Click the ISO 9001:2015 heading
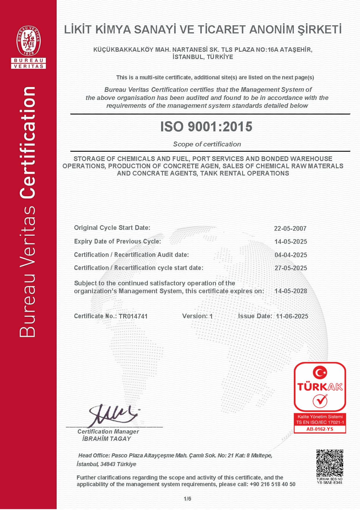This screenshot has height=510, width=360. click(x=206, y=127)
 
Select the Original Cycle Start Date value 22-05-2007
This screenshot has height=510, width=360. click(x=290, y=228)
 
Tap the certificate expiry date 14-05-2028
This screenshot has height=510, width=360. click(x=291, y=291)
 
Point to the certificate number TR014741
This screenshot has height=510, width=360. click(x=133, y=316)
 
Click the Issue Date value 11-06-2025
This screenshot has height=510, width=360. click(x=292, y=316)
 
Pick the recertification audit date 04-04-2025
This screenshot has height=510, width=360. click(x=291, y=255)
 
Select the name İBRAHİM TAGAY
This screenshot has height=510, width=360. click(x=107, y=439)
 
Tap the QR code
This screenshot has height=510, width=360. click(x=330, y=463)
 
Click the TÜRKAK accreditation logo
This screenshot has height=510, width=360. click(x=320, y=386)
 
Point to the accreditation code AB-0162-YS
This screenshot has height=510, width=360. click(x=320, y=429)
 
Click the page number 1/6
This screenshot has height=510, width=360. click(x=187, y=499)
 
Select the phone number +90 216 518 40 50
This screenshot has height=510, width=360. click(x=273, y=484)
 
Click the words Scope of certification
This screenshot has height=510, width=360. click(x=207, y=144)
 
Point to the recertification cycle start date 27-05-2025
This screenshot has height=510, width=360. click(x=291, y=268)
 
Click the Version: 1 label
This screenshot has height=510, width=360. click(x=197, y=316)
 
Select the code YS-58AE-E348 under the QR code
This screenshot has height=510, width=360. click(x=330, y=483)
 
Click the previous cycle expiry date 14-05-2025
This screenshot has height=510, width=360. click(x=291, y=241)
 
